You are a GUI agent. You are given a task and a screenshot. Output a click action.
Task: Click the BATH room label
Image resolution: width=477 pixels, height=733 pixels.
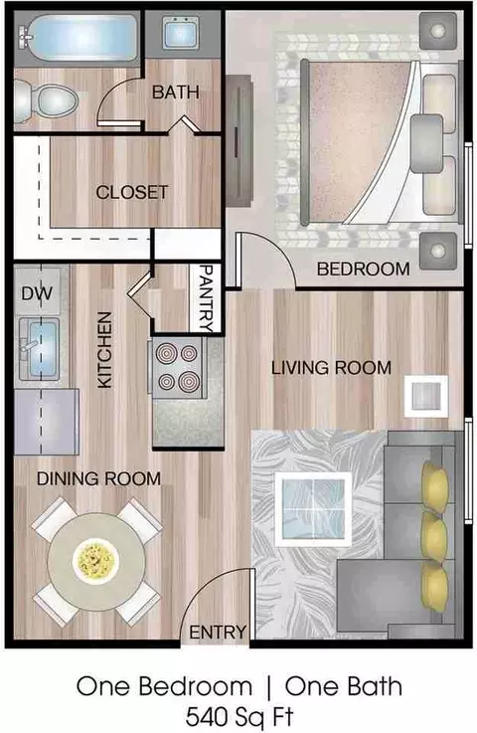tap(176, 92)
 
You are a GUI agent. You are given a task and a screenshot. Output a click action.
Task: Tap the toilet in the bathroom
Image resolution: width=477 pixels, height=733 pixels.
tap(46, 102)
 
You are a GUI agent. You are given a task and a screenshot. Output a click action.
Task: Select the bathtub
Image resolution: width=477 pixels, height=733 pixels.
tap(79, 38)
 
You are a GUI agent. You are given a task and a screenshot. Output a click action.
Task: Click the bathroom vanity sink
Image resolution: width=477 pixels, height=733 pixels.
tap(180, 33)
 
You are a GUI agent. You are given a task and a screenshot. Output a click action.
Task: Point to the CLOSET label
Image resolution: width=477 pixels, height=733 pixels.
tap(132, 192)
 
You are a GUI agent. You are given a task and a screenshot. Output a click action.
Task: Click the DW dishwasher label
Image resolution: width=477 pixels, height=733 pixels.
tap(37, 293)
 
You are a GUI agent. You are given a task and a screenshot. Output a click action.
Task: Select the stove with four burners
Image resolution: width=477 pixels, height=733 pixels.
tap(177, 368)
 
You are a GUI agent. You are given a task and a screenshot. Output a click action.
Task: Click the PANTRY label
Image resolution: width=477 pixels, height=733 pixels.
tap(206, 297)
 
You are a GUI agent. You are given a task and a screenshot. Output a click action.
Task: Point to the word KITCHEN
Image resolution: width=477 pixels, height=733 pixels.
tap(105, 350)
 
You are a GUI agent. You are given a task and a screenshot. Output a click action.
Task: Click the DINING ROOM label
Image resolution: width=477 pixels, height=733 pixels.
tap(98, 478)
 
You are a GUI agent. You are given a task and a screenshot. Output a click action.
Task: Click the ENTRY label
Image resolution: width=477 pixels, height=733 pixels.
tap(218, 632)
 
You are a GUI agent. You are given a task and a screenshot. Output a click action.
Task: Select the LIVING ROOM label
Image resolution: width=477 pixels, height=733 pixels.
tap(331, 368)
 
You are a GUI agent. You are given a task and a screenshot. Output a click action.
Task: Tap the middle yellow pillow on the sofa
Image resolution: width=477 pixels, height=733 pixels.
tap(433, 537)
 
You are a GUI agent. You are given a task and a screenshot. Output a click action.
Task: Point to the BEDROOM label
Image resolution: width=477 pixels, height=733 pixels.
tap(363, 269)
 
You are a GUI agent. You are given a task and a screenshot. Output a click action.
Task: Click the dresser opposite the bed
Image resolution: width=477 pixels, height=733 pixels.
tap(239, 141)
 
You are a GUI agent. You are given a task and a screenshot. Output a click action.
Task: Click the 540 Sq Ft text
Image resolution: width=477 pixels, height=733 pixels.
tap(239, 716)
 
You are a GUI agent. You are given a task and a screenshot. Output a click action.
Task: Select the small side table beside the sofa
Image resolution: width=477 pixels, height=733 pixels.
tap(425, 396)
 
